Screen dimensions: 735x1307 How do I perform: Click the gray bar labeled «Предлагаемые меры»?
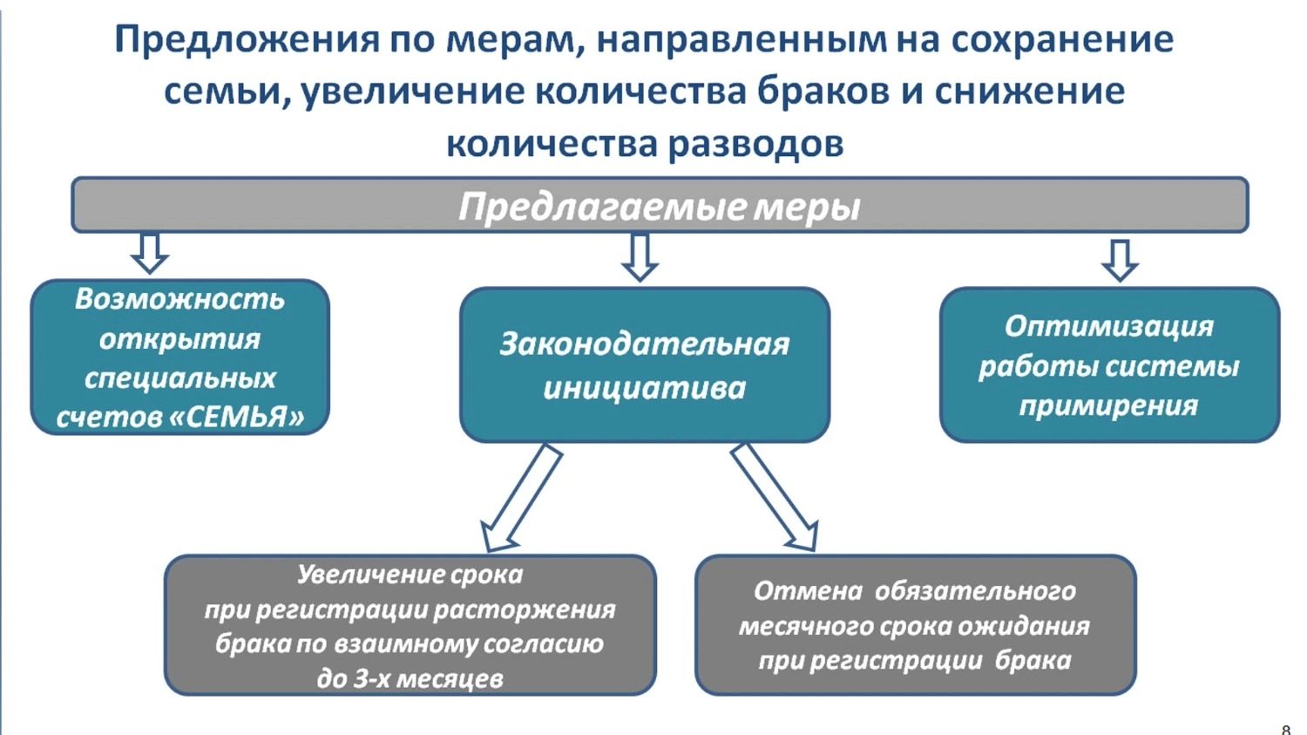[660, 206]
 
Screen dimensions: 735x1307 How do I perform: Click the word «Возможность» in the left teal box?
[179, 299]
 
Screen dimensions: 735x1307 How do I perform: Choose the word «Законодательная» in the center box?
[644, 344]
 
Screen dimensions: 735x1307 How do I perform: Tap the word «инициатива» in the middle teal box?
[644, 387]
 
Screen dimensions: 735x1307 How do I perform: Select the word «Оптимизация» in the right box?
[1108, 326]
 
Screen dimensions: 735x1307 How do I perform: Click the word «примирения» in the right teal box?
[1108, 405]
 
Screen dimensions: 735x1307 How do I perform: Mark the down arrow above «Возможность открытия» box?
[149, 253]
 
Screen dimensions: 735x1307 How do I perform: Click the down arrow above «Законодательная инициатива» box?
[640, 257]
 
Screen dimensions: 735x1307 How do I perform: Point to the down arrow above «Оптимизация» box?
[1120, 259]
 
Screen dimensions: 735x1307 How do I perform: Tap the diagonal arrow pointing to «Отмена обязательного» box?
[775, 497]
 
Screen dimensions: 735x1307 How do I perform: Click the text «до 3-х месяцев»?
[410, 678]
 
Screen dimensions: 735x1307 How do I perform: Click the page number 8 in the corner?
[1286, 729]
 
